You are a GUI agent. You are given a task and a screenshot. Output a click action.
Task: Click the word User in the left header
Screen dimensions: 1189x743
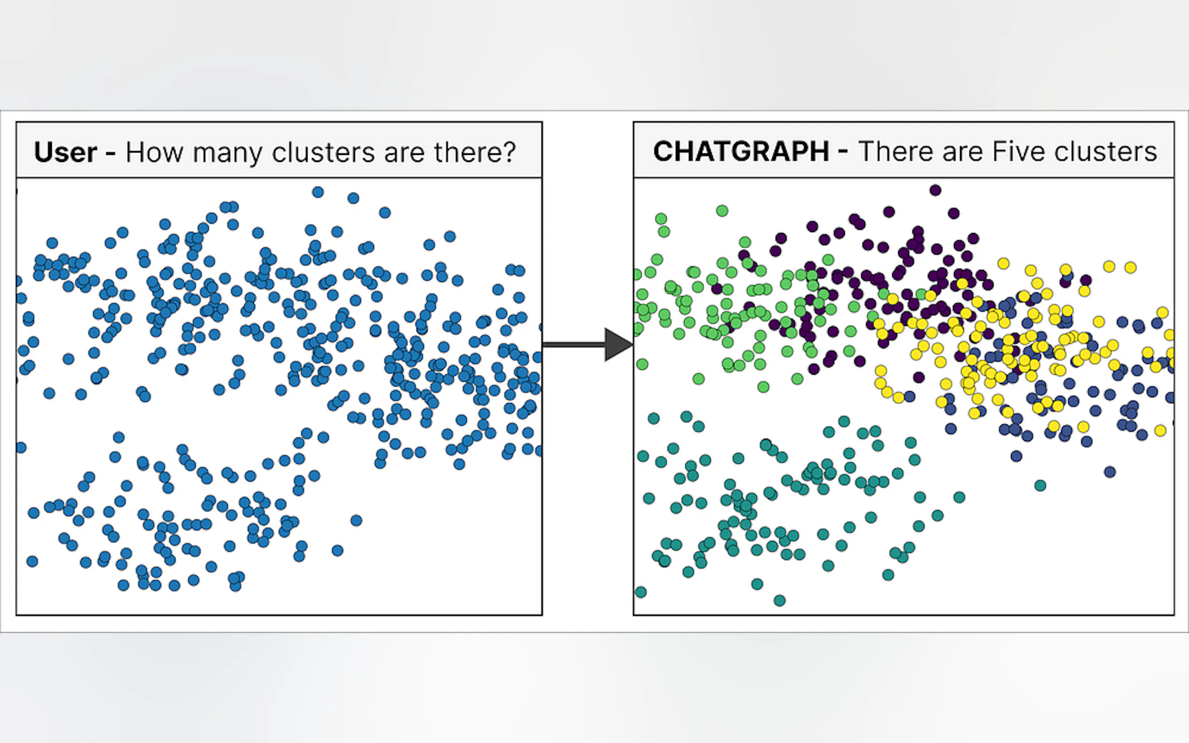click(66, 152)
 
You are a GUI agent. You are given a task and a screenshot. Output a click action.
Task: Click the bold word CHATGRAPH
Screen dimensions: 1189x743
click(741, 151)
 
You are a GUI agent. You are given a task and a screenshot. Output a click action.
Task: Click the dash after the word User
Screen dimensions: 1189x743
click(110, 154)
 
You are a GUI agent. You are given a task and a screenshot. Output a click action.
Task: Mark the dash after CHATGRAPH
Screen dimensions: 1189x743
click(843, 153)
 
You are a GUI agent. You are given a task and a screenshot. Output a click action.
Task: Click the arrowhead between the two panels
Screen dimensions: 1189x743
click(618, 344)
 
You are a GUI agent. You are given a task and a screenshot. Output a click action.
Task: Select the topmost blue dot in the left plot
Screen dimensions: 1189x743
click(318, 192)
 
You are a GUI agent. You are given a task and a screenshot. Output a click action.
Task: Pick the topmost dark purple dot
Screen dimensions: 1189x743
click(935, 190)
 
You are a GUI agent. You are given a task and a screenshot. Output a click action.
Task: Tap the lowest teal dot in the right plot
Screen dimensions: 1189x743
click(779, 600)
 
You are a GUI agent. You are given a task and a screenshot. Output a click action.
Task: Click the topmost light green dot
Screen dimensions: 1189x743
click(722, 211)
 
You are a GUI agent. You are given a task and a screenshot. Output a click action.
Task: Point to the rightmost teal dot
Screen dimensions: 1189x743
click(1040, 486)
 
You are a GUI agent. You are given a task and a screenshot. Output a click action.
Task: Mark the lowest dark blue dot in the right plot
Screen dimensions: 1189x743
click(1109, 472)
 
